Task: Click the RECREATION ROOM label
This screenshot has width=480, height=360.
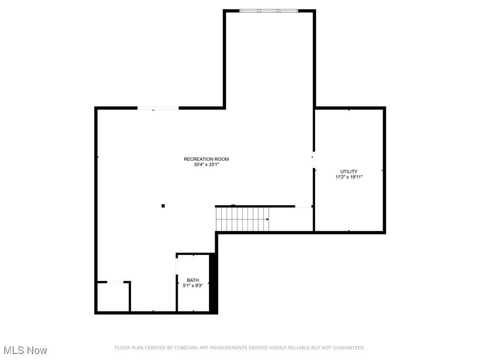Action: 206,159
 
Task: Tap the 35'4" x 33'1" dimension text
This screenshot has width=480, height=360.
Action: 206,165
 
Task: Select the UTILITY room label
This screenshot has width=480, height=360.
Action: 349,172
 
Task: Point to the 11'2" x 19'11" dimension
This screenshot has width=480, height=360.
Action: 349,177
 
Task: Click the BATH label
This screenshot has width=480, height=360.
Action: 193,280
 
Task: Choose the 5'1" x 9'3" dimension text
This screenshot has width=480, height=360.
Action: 193,285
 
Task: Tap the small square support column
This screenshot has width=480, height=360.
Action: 163,205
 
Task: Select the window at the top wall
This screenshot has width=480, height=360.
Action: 268,10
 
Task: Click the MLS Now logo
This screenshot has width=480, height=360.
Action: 25,350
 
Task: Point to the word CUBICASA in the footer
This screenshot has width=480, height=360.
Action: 178,348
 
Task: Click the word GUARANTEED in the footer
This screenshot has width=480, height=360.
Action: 348,348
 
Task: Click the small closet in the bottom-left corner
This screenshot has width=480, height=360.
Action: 112,297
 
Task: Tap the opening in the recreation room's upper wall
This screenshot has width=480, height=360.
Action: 157,108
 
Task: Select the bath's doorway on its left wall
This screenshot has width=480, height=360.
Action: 177,265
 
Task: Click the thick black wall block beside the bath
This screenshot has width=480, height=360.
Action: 213,284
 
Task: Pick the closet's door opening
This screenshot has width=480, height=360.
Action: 115,282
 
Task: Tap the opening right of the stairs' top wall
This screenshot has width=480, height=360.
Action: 303,206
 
